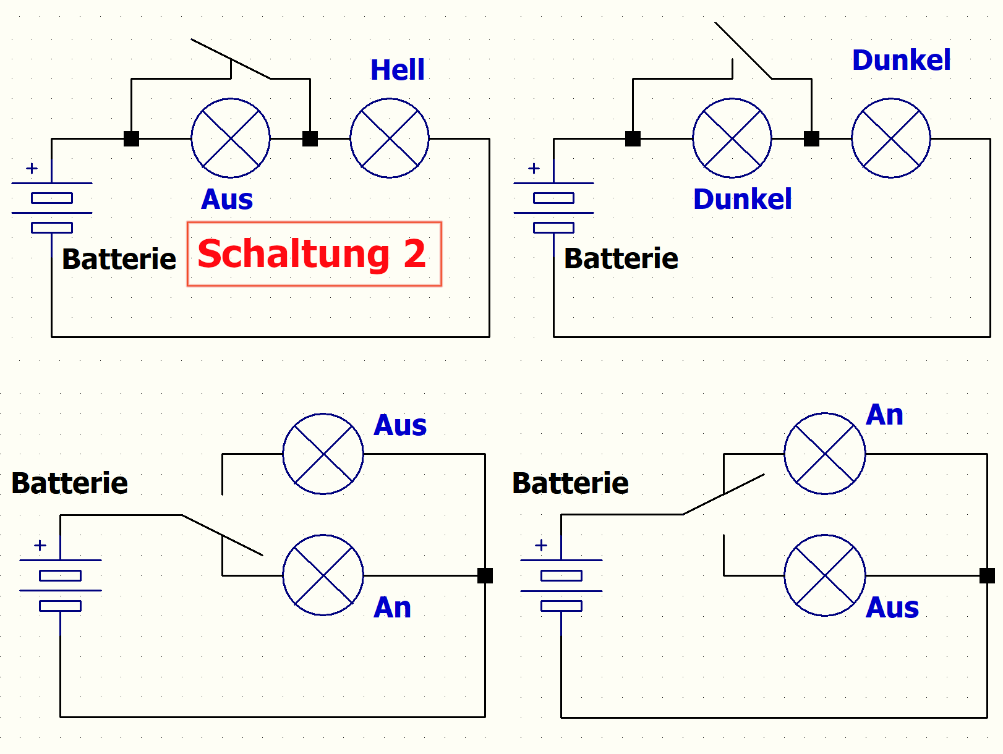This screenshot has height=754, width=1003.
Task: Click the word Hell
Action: [x=397, y=69]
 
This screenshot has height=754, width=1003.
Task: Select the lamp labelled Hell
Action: [x=390, y=138]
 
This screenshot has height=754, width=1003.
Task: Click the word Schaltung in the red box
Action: [x=293, y=255]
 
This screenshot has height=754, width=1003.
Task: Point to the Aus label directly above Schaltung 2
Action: [x=227, y=199]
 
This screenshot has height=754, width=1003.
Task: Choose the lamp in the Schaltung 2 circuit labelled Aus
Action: [x=231, y=138]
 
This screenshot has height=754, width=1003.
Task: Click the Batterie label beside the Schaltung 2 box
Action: [x=119, y=259]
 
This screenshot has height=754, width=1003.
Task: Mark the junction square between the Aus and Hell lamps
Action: [x=310, y=138]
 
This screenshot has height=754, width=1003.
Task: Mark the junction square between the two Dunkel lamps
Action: [x=811, y=138]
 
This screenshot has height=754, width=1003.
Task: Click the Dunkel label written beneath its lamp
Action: [x=743, y=199]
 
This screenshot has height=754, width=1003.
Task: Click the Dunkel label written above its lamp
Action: [x=902, y=60]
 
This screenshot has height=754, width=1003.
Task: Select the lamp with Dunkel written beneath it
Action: [x=732, y=138]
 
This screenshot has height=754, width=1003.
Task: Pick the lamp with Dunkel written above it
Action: [x=891, y=138]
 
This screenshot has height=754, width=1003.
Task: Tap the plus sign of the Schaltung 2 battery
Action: [x=32, y=169]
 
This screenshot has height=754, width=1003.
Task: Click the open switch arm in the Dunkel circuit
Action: [x=743, y=50]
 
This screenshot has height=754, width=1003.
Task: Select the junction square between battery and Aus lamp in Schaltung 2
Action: [x=131, y=138]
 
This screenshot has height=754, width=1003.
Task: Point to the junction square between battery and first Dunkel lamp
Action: [x=633, y=138]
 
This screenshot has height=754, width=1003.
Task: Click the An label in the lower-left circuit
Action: [x=392, y=608]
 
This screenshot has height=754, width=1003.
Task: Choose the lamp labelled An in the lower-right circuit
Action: [x=825, y=454]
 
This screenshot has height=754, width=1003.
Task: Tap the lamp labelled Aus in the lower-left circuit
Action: [x=323, y=454]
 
